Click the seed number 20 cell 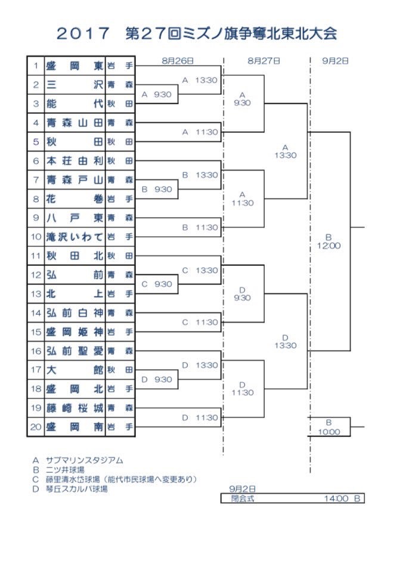(x=36, y=427)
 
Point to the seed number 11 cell (x=36, y=256)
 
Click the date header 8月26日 (x=177, y=61)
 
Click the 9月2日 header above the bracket (x=338, y=61)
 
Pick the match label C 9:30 (x=157, y=284)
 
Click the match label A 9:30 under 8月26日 (x=157, y=94)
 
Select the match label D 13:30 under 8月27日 (x=285, y=341)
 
